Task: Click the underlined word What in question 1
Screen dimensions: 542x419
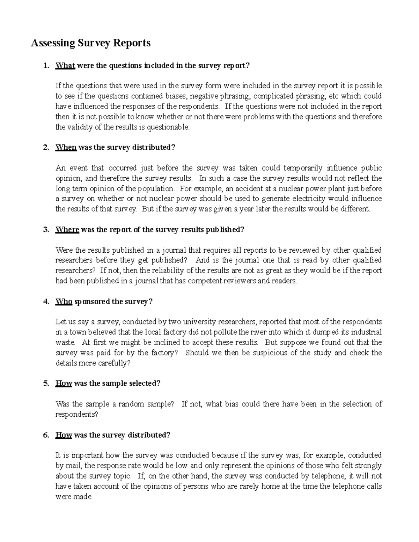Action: coord(65,66)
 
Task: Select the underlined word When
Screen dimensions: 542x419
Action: coord(66,148)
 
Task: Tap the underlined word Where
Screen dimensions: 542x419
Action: coord(67,230)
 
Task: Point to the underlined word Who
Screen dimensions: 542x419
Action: coord(64,302)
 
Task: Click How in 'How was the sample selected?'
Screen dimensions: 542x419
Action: coord(64,383)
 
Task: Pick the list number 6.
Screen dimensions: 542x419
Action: coord(46,435)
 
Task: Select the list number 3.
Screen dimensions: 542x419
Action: coord(46,230)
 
